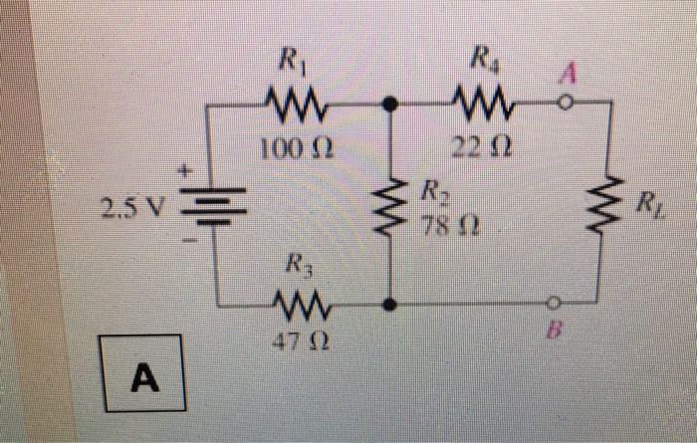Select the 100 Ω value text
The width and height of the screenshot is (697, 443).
(x=292, y=149)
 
